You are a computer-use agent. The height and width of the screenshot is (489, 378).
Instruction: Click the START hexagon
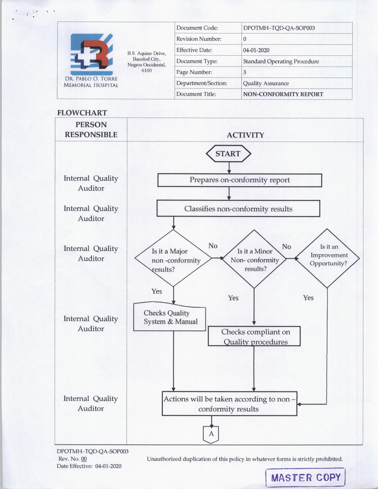(228, 154)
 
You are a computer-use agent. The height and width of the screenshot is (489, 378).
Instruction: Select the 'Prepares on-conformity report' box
(240, 180)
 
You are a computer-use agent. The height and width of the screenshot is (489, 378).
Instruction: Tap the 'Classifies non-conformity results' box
(238, 209)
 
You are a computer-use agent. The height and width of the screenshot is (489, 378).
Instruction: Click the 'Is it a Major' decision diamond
(173, 258)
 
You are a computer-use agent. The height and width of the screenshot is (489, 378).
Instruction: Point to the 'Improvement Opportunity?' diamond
(328, 258)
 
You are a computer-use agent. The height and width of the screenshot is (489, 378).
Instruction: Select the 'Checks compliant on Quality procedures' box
(254, 336)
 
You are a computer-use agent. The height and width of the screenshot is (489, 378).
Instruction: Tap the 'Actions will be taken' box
(229, 404)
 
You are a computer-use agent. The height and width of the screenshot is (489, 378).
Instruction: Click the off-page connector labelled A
(211, 434)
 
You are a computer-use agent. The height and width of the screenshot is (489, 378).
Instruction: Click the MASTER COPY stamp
(305, 477)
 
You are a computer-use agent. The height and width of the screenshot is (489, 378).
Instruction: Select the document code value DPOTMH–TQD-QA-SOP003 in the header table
(279, 28)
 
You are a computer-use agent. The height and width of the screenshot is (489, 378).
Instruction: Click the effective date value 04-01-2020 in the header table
(256, 50)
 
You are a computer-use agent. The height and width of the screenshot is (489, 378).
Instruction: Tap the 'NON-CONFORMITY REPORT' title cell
(283, 94)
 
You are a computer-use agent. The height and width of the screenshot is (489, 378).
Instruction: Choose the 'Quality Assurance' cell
(266, 83)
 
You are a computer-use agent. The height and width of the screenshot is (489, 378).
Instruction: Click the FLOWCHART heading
(82, 113)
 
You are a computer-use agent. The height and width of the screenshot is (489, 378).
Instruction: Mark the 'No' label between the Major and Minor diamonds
(213, 246)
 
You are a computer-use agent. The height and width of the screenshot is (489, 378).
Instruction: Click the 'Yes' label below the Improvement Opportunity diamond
(308, 298)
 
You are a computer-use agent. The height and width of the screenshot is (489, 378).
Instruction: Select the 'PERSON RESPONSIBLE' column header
(91, 130)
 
